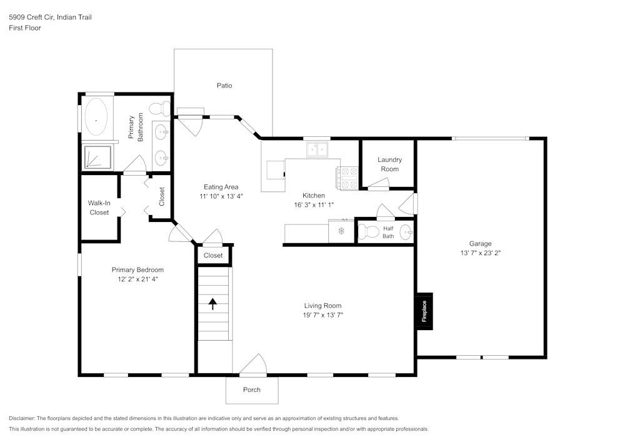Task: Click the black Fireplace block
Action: [x=424, y=311]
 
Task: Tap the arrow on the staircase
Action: [x=212, y=304]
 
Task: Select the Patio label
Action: [x=224, y=86]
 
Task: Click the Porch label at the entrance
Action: [x=251, y=389]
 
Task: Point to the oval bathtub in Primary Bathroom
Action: [x=96, y=118]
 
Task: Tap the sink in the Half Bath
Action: [x=406, y=232]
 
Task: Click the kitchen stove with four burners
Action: [x=348, y=178]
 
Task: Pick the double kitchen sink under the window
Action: [x=317, y=149]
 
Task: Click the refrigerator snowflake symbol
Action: [x=341, y=231]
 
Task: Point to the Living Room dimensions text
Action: [x=322, y=315]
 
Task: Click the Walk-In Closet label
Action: [x=99, y=208]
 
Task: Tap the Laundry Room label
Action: [x=389, y=164]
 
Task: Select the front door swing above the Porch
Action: [x=254, y=365]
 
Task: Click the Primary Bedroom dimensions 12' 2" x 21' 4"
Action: [x=137, y=279]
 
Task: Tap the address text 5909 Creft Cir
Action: [x=31, y=18]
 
